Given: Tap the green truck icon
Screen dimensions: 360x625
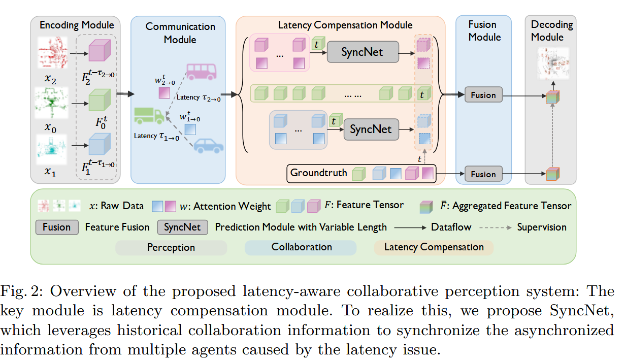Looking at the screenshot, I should tap(149, 115).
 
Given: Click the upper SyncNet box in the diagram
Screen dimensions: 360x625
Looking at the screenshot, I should tap(362, 52).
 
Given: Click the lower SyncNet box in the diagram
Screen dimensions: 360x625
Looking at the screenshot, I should tap(371, 129).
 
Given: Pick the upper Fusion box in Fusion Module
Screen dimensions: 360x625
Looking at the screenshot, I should tap(483, 95).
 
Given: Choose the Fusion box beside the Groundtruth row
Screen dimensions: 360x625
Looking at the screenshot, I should tap(483, 174).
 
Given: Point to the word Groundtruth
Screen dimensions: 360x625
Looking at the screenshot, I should tap(319, 173).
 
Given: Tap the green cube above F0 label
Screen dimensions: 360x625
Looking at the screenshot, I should tap(96, 100).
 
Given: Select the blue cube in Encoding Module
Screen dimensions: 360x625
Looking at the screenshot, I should tap(96, 144).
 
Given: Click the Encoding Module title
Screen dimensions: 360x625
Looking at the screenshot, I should tap(77, 25).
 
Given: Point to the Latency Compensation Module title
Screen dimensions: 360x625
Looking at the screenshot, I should tap(345, 25).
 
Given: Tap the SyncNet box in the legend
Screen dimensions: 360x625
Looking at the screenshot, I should tap(183, 227).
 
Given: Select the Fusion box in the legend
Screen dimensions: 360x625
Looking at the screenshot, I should tap(57, 227).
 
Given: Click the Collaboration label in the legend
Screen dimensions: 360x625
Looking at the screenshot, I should tap(302, 247).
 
